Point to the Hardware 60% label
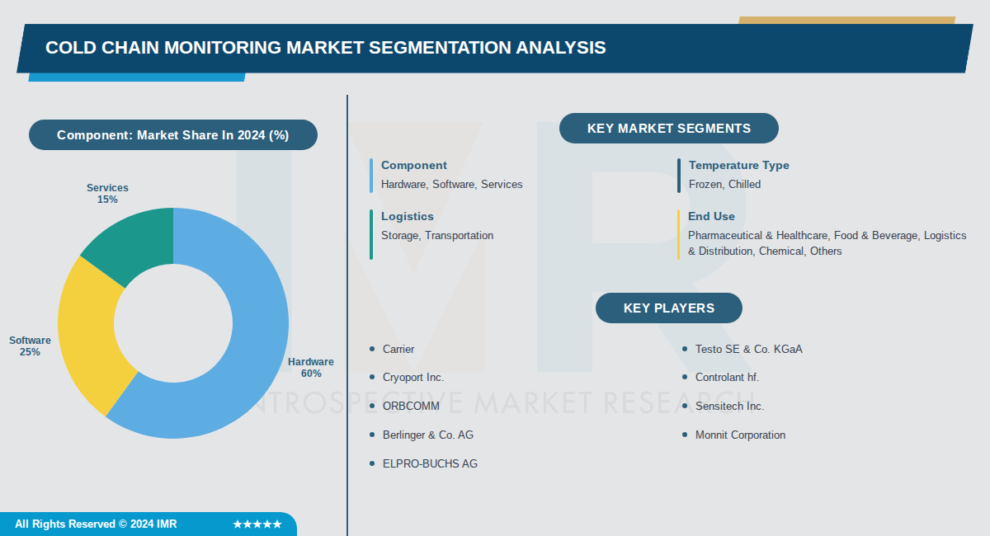pos(311,368)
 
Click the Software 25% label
pos(30,346)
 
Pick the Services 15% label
pos(107,194)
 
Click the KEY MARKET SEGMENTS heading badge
pos(668,129)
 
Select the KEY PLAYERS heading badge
pos(668,308)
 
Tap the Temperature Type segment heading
pos(738,166)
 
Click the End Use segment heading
pos(711,217)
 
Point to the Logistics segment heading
pos(407,217)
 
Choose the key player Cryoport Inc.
pos(412,378)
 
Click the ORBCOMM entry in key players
pos(411,407)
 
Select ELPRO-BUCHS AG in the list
pos(430,464)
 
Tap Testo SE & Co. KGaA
pos(748,350)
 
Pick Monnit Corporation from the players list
pos(740,435)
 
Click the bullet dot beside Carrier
pos(372,350)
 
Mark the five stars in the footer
pos(257,524)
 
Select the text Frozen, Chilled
pos(724,185)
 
